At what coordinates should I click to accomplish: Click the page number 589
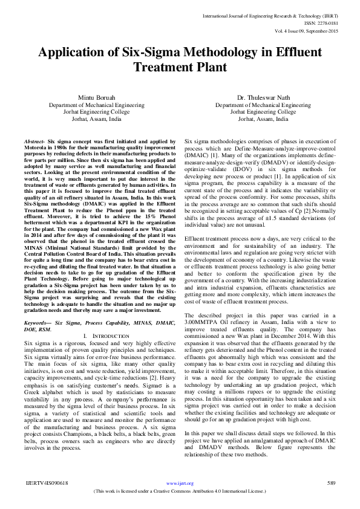pyautogui.click(x=331, y=483)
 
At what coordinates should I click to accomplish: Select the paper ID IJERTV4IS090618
pyautogui.click(x=46, y=483)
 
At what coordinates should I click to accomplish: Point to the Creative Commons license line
pyautogui.click(x=180, y=491)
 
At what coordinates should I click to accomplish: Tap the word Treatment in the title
pyautogui.click(x=165, y=67)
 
